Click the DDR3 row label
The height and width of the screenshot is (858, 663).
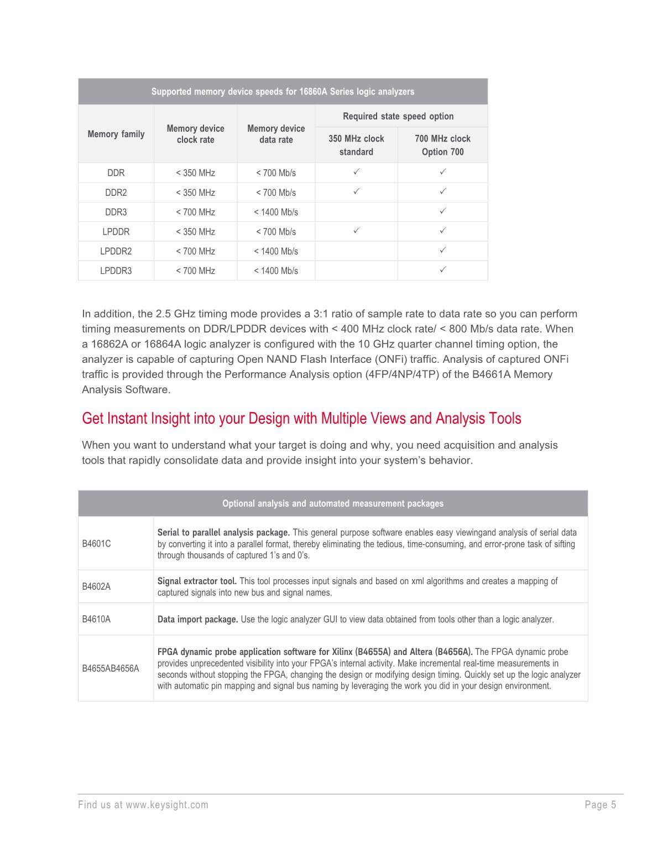coord(116,212)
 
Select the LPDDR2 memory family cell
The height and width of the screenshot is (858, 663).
coord(116,251)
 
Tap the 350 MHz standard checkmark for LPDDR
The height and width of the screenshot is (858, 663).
coord(356,231)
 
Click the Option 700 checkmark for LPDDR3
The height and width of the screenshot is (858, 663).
coord(442,270)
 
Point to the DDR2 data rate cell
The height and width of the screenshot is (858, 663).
coord(275,193)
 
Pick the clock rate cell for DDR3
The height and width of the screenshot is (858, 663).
coord(195,212)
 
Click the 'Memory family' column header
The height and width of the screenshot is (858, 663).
coord(116,134)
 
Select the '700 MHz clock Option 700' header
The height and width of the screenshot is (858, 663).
coord(442,145)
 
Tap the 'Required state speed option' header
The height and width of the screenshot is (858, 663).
coord(398,116)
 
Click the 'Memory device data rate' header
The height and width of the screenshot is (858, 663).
coord(275,134)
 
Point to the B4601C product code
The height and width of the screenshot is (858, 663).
coord(96,544)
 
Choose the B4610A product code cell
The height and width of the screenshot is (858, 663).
coord(96,619)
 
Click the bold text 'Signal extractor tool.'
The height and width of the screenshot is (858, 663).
coord(197,581)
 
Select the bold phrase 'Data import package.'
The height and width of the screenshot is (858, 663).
coord(197,620)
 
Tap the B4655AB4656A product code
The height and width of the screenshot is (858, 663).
coord(111,669)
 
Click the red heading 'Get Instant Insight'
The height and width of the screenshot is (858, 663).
coord(301,418)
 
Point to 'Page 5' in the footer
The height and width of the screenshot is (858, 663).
coord(600,805)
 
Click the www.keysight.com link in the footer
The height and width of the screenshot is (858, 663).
coord(167,805)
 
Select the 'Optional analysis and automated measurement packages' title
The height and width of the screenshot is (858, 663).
coord(332,503)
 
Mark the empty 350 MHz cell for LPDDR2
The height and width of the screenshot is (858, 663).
coord(356,251)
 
